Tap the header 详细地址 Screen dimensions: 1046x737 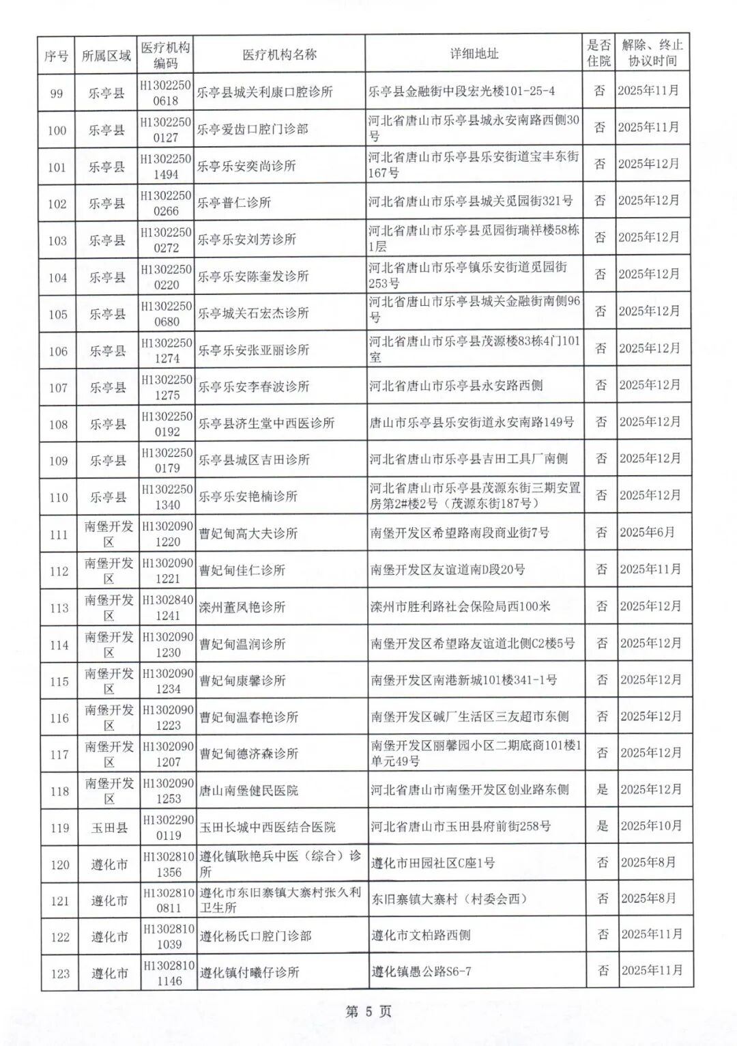tap(474, 54)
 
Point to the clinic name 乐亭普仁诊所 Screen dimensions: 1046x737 tap(234, 203)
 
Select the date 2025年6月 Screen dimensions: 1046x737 tap(647, 533)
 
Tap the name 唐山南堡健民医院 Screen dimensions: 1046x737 tap(248, 791)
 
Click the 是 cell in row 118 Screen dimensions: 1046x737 tap(602, 789)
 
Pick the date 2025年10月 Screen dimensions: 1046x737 tap(651, 826)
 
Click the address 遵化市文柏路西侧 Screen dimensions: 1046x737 tap(421, 935)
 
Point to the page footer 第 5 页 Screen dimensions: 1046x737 tap(369, 1012)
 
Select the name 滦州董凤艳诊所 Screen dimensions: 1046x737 tap(242, 607)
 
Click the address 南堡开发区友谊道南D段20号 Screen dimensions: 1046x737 tap(448, 569)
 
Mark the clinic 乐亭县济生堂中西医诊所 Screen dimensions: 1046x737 tap(266, 423)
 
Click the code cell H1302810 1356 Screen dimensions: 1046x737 tap(169, 864)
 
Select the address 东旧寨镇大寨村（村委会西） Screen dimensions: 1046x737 tap(449, 899)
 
